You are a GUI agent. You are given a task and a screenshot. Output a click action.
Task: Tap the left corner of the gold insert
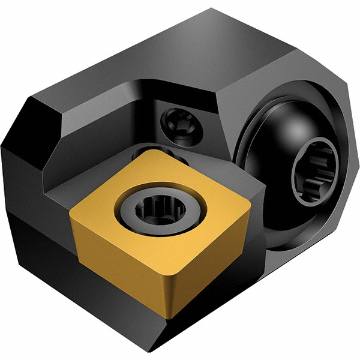point(71,211)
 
